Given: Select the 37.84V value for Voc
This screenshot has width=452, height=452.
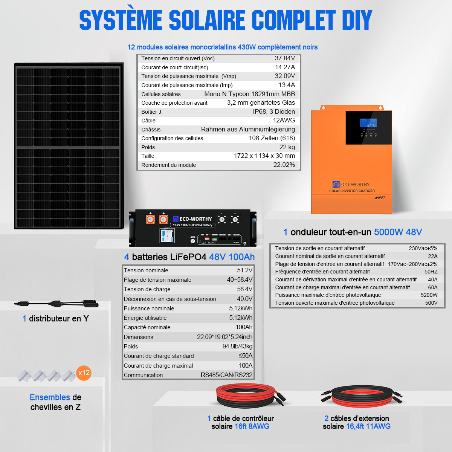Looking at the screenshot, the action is [285, 58].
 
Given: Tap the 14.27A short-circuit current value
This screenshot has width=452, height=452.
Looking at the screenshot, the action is [285, 67].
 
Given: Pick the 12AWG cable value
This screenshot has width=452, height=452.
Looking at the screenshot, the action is [284, 120].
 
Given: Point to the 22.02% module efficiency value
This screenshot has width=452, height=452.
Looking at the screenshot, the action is [284, 165].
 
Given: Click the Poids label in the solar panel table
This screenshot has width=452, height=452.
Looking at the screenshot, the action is [148, 147].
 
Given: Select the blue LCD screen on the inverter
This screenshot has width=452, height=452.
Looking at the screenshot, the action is [368, 123].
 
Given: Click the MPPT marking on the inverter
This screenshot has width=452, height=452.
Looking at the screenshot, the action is [380, 198].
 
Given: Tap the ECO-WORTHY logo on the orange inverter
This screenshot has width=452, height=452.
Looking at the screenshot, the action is [351, 184].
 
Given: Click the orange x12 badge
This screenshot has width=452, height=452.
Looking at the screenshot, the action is [84, 373].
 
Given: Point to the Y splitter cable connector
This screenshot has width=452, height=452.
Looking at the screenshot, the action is [56, 304].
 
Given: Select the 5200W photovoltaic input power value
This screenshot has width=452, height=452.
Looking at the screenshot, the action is [429, 295].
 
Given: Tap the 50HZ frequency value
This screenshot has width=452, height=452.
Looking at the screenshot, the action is [431, 272].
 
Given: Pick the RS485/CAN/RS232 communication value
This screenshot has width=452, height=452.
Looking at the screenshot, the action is [226, 375].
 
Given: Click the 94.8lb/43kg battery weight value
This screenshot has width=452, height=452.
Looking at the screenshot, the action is [237, 346].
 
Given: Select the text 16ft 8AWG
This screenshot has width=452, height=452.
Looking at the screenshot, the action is [252, 426].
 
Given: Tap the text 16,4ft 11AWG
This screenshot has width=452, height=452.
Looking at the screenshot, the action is [368, 426].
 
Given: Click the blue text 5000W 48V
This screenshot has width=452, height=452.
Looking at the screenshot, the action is [398, 232].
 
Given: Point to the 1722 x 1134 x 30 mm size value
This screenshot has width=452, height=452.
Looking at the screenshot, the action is [264, 156].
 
